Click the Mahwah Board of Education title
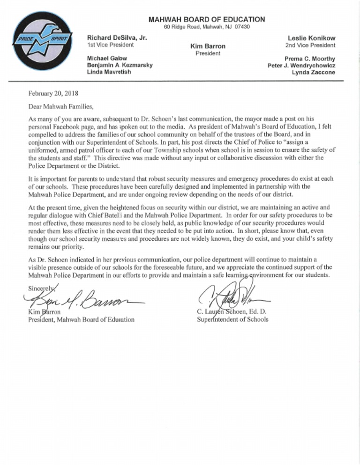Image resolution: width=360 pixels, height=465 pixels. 207,19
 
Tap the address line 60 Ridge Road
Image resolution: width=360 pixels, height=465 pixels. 207,27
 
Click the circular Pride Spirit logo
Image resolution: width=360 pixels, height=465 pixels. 42,43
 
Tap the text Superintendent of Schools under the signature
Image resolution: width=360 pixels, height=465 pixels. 233,319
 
